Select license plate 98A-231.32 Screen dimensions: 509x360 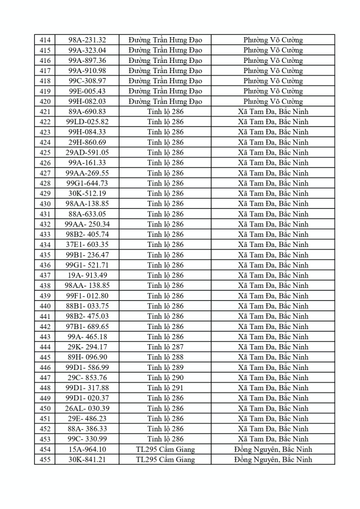(x=87, y=40)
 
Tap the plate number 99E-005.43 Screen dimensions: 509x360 (x=87, y=91)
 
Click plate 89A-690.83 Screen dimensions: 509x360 (x=87, y=111)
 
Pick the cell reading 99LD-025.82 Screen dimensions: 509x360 (x=87, y=121)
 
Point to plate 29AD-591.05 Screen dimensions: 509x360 (x=87, y=152)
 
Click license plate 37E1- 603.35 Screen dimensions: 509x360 (x=87, y=245)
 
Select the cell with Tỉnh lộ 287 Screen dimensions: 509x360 (x=165, y=347)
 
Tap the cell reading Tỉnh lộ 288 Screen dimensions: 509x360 (x=165, y=357)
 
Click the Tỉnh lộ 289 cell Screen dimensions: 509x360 (x=165, y=367)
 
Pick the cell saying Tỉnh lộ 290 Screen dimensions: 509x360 (x=165, y=377)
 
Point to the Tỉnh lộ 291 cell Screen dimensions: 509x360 (x=165, y=388)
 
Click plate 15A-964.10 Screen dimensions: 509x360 (x=87, y=449)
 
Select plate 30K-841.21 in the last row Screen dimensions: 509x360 (x=87, y=460)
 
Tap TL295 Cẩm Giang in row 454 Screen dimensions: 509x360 (x=165, y=449)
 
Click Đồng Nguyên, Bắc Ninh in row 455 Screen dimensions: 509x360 (x=273, y=460)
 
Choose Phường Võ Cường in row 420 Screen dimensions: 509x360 (x=273, y=101)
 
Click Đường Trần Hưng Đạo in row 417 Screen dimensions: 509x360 (x=165, y=71)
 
